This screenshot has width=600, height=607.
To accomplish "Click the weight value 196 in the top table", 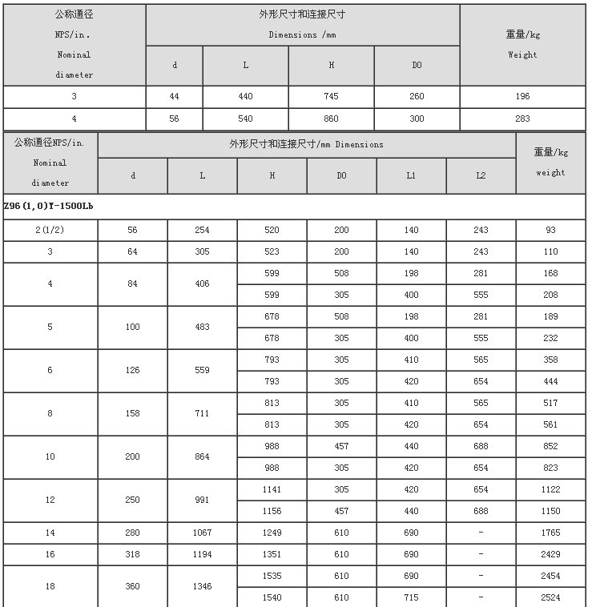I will click(522, 96).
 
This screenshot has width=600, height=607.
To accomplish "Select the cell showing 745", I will click(331, 96).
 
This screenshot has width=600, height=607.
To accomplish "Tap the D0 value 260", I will click(417, 96).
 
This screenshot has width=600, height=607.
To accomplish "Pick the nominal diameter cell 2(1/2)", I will click(50, 230).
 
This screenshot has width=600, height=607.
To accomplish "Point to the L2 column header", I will click(481, 175).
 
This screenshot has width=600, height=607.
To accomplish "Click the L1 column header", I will click(411, 175).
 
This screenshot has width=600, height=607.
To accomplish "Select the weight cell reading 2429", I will click(550, 554).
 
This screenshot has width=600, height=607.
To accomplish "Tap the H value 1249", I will click(272, 533).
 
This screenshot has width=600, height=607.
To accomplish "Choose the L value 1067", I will click(202, 533).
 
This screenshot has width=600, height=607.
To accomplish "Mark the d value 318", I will click(133, 554).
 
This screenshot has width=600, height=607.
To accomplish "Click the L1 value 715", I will click(411, 597).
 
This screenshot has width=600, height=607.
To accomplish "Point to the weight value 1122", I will click(550, 489).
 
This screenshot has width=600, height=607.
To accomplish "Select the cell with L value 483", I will click(202, 327).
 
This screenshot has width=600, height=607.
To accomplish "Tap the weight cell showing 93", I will click(550, 230).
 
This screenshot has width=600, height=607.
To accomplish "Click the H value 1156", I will click(272, 511).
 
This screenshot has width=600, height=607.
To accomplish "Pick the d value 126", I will click(133, 370).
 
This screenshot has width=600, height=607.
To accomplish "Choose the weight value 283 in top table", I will click(522, 119).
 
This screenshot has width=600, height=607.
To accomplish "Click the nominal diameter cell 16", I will click(50, 554).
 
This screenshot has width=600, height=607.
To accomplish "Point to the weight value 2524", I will click(550, 597).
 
